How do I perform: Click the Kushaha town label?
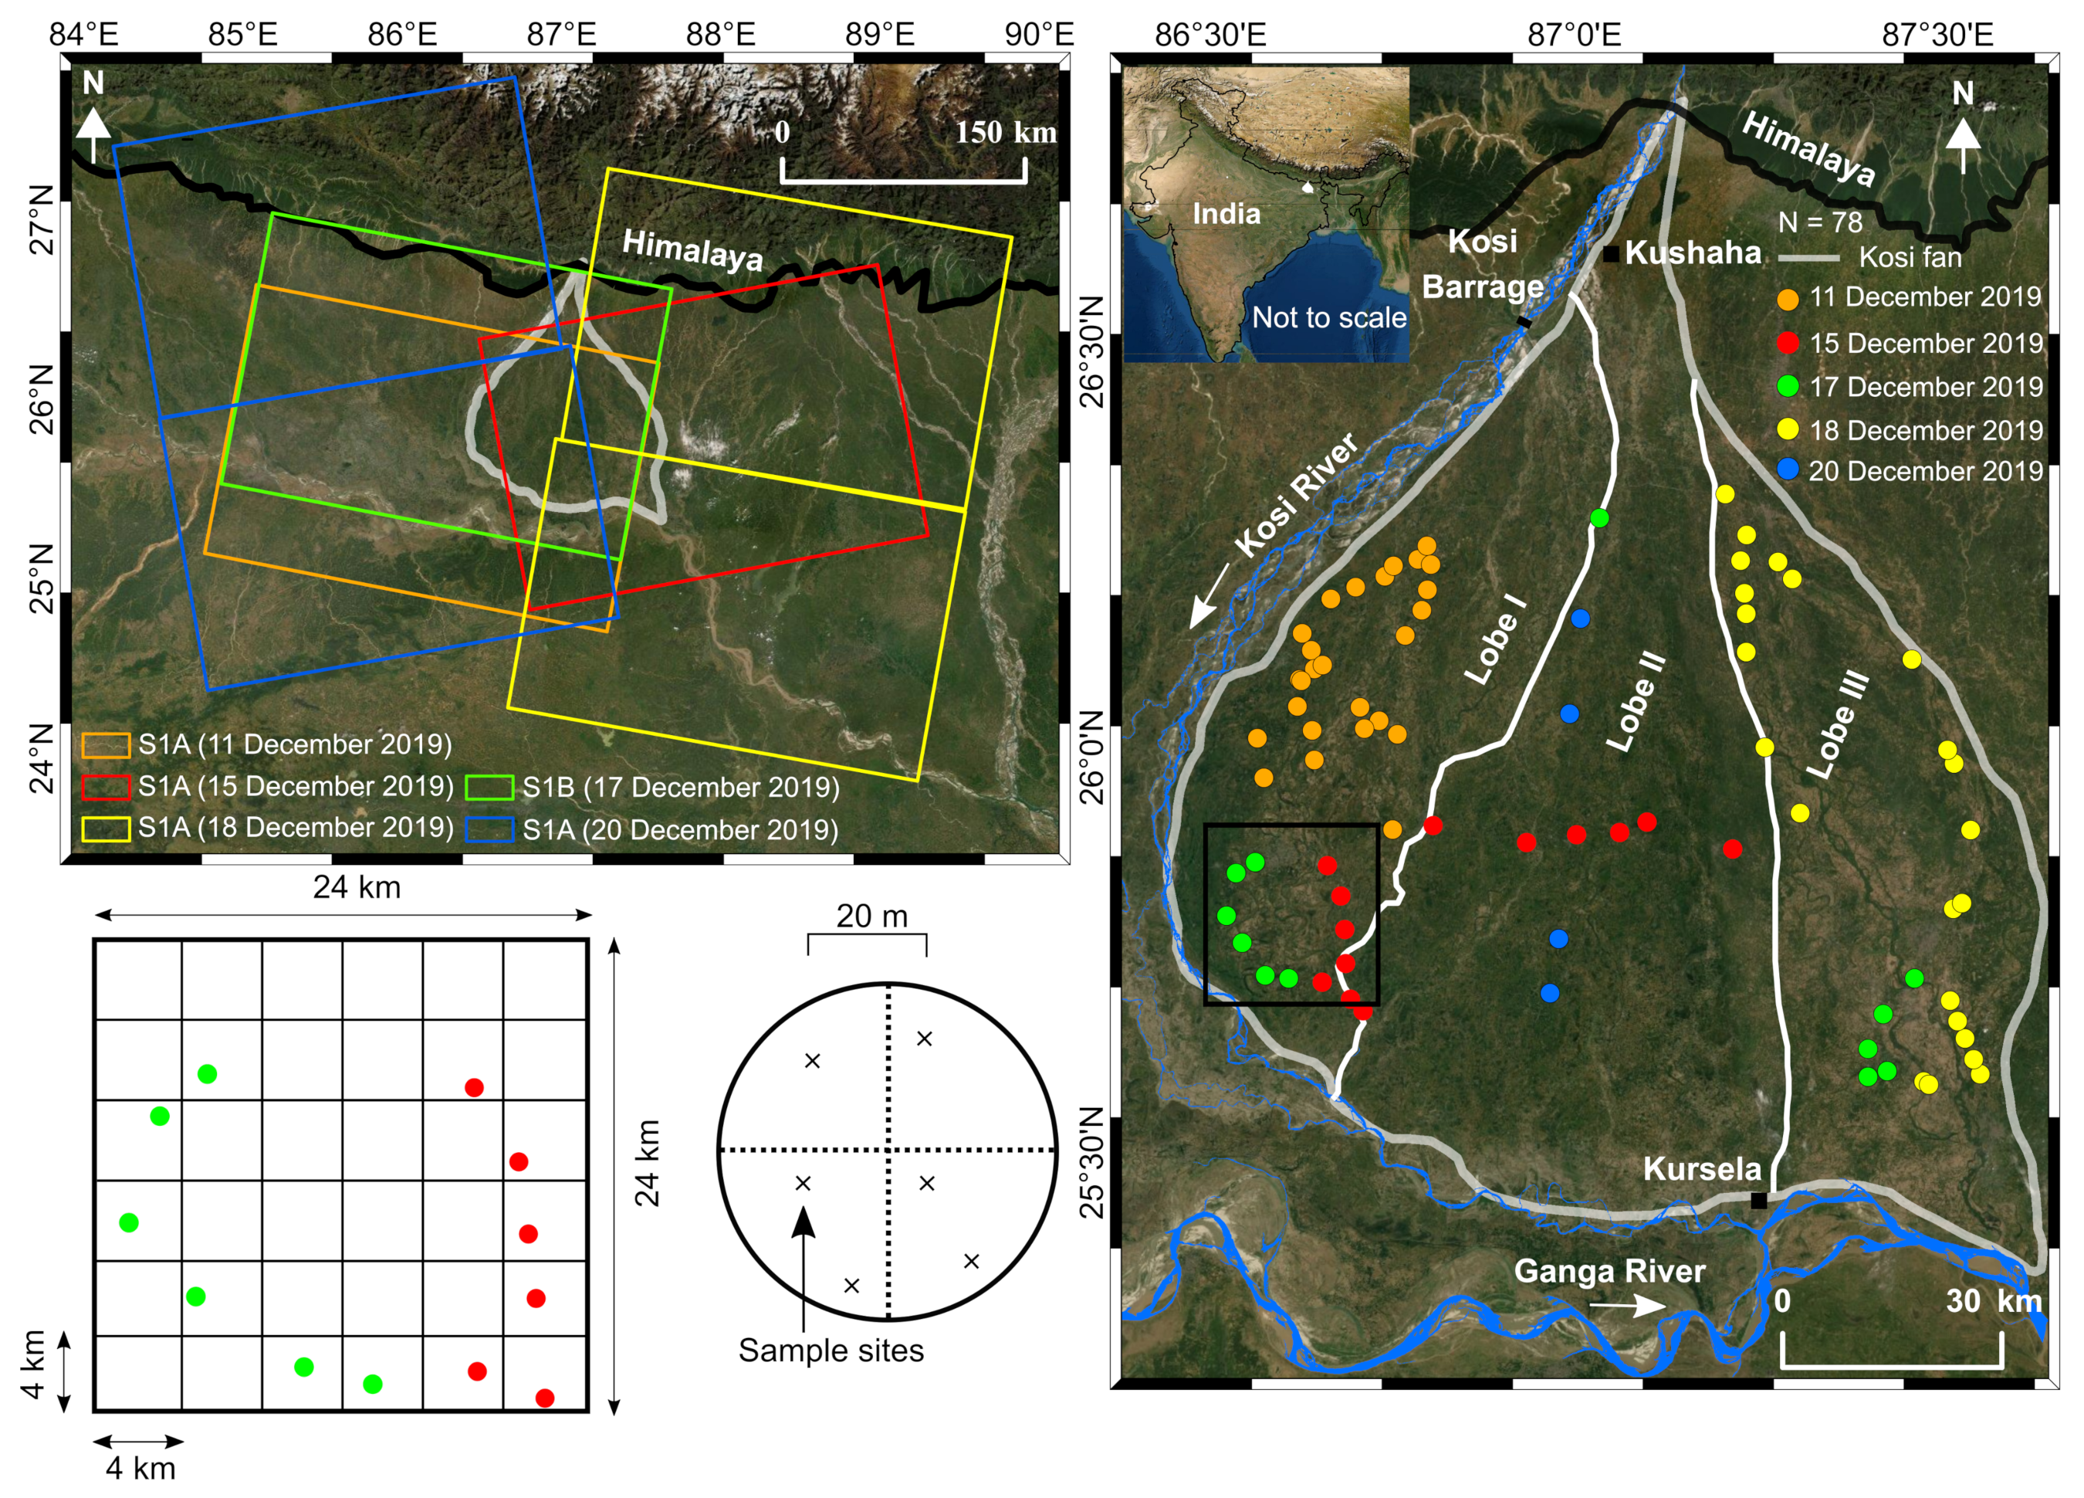click(x=1692, y=252)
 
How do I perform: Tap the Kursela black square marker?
click(x=1758, y=1200)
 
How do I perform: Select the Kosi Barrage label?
click(x=1482, y=264)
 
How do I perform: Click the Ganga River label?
click(x=1609, y=1271)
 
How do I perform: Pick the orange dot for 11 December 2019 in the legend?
click(x=1787, y=299)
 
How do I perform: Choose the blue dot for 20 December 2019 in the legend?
click(x=1787, y=469)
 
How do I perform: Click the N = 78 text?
click(x=1819, y=222)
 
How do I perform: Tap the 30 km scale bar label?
click(x=1993, y=1301)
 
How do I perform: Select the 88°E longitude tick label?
click(x=720, y=35)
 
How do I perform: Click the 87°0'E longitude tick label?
click(x=1573, y=35)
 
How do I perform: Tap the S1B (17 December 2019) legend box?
click(x=489, y=788)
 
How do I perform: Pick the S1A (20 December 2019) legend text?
click(x=680, y=830)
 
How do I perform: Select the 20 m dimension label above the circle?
click(x=871, y=917)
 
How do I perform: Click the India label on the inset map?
click(x=1226, y=214)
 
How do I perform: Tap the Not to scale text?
click(x=1328, y=318)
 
